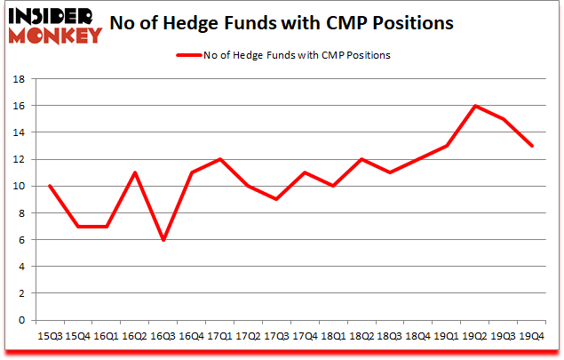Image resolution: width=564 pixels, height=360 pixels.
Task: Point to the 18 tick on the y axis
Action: coord(23,79)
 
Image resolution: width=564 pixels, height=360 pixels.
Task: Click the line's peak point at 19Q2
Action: coord(475,106)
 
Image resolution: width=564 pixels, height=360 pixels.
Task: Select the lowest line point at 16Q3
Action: coord(163,240)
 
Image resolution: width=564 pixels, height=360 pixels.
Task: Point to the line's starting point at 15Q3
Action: coord(49,186)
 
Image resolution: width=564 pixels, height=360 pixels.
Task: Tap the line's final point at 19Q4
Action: coord(532,146)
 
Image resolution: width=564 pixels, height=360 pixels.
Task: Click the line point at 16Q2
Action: coord(134,172)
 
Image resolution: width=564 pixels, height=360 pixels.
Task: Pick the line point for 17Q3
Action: coord(276,199)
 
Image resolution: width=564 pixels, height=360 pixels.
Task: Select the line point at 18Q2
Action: coord(361,159)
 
